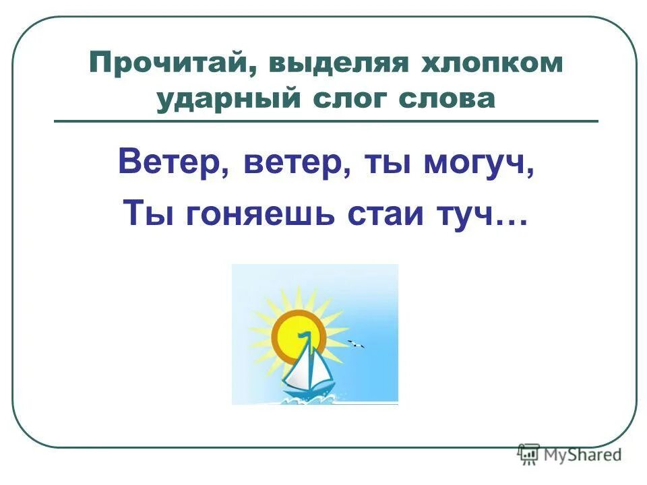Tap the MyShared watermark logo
pos(569,455)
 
